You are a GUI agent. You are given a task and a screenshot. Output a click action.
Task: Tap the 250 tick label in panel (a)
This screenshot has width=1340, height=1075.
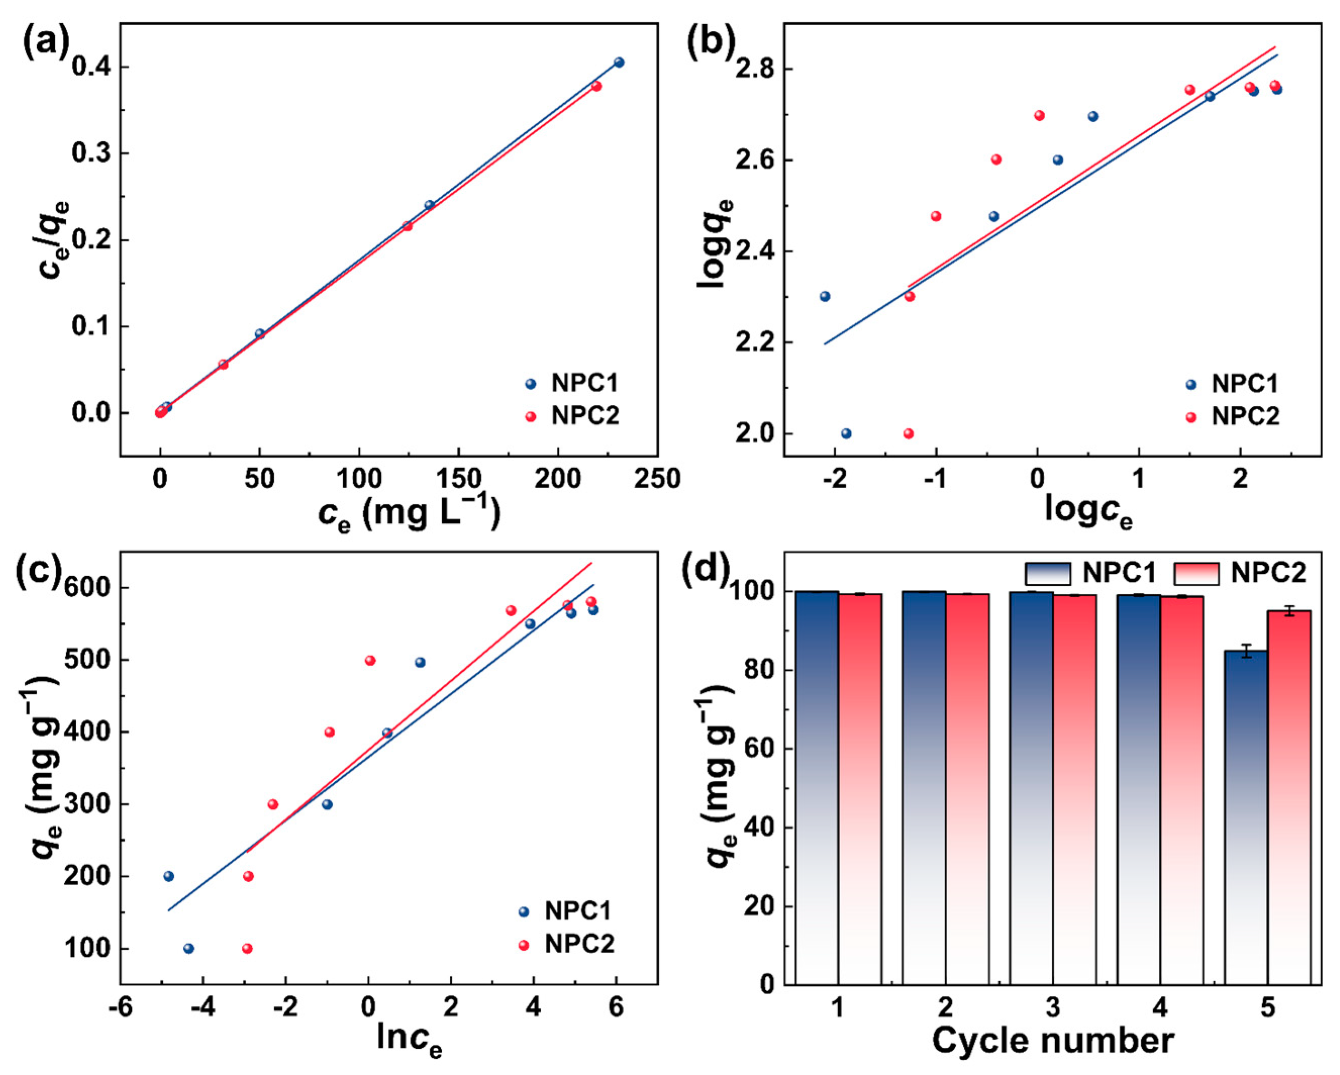click(657, 479)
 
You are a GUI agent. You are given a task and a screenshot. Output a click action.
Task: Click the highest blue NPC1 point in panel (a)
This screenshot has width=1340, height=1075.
click(619, 62)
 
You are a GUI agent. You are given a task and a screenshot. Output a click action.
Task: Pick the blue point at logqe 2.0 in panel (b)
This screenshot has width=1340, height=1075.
click(846, 433)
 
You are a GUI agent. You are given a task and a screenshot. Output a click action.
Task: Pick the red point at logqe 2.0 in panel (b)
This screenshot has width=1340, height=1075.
click(908, 433)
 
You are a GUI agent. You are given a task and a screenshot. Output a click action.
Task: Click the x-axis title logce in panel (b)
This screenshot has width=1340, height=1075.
click(1088, 511)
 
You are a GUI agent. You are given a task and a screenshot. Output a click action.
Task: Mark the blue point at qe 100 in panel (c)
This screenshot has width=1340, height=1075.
click(189, 948)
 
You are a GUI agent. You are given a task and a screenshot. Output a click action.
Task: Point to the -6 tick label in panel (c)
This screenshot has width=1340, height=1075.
click(120, 1007)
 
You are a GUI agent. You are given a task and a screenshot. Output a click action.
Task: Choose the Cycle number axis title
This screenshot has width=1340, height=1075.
click(1053, 1041)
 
